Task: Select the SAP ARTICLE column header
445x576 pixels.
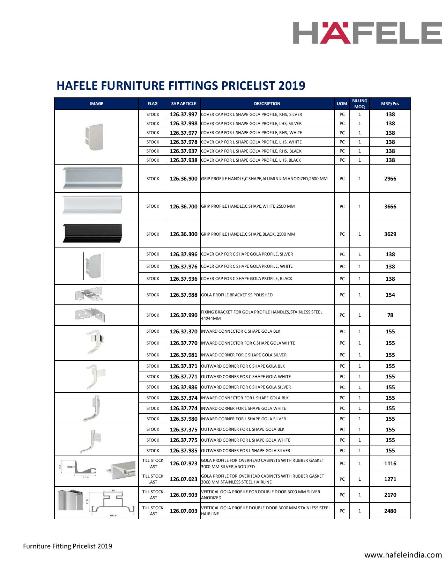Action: pos(184,104)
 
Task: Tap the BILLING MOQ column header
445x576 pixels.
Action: pos(359,104)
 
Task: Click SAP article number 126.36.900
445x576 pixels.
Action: pos(184,179)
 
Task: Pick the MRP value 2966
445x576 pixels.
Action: pos(390,179)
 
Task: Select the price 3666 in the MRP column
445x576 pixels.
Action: pos(390,206)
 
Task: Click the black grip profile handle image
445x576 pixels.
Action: pos(92,233)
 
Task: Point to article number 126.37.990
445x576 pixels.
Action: pos(184,315)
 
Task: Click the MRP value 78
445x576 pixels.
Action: pos(390,315)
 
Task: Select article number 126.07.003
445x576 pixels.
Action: pos(184,511)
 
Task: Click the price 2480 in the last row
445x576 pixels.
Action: pos(390,511)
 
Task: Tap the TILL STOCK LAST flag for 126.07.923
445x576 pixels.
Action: pos(153,464)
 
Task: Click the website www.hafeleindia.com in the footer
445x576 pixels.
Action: pos(403,555)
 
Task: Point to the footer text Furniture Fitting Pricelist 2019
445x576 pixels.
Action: pos(68,546)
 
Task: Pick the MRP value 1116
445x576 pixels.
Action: pos(390,464)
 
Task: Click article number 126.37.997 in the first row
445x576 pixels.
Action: pos(184,115)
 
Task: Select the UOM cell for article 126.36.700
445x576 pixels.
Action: pos(342,206)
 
